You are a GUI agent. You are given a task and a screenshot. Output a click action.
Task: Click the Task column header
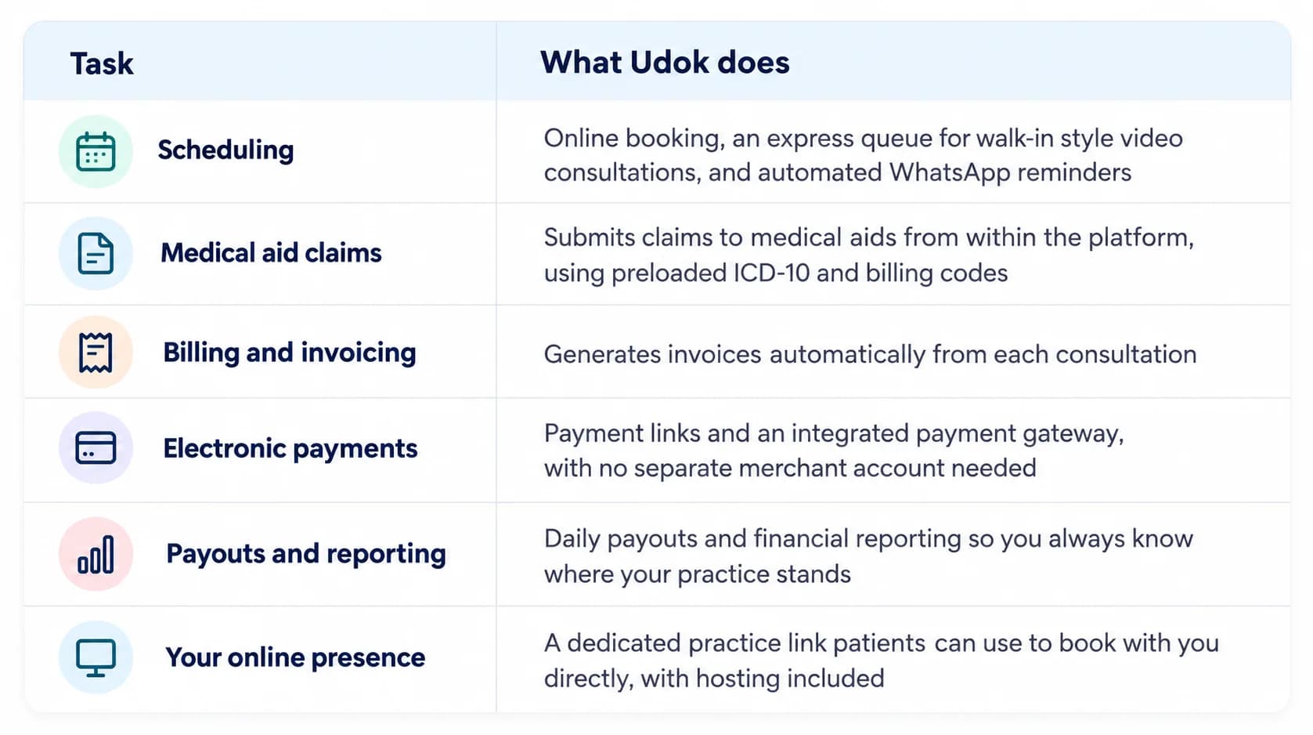[x=102, y=63]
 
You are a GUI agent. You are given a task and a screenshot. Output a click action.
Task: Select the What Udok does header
[x=665, y=62]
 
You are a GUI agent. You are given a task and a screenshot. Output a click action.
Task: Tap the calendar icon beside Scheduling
[x=96, y=151]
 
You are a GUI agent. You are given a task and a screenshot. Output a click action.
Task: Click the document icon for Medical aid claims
[x=96, y=253]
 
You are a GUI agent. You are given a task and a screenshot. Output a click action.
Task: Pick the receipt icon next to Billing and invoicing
[x=96, y=352]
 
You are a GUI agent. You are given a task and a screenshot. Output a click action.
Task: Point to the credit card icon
[x=96, y=447]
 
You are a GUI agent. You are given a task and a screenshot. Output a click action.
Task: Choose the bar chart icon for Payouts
[x=96, y=554]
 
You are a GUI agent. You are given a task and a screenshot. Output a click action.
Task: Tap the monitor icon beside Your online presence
[x=96, y=657]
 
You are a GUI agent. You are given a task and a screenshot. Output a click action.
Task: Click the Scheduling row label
[x=225, y=150]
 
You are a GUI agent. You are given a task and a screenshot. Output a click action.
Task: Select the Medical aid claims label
[x=271, y=253]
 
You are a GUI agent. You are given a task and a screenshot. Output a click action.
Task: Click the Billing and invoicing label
[x=290, y=353]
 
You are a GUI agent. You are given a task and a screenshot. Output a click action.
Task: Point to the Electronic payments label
[x=290, y=449]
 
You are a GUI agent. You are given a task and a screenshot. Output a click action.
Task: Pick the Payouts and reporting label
[x=306, y=554]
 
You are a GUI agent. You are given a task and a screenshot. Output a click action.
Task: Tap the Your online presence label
[x=295, y=657]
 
